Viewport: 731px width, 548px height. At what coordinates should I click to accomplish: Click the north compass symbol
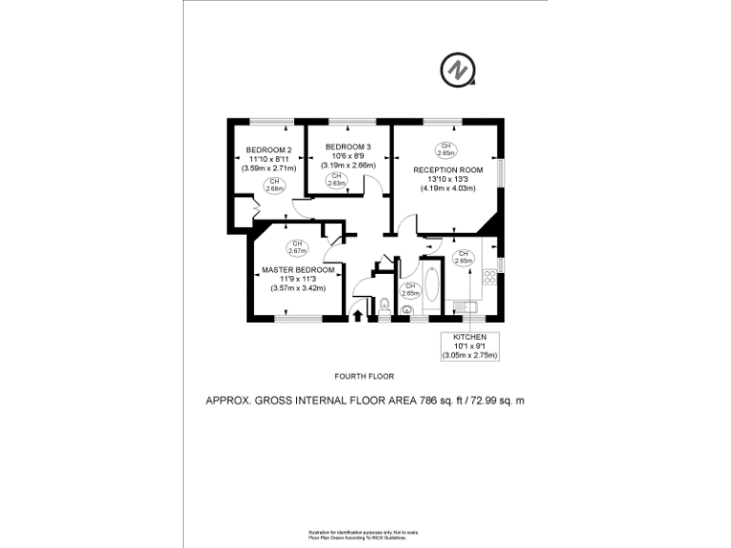coord(456,69)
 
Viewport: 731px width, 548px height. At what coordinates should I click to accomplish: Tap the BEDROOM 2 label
coord(269,149)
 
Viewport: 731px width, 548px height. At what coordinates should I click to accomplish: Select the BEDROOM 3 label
coord(348,147)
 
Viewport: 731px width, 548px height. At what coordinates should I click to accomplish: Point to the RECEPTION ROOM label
coord(447,170)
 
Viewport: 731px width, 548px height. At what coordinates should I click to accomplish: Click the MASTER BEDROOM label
coord(298,270)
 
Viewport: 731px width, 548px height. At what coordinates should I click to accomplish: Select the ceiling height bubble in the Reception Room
coord(445,148)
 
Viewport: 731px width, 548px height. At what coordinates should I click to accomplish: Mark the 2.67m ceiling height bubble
coord(297,247)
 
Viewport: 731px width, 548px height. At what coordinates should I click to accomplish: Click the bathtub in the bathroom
coord(432,287)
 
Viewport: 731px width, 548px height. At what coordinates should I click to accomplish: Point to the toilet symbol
coord(384,305)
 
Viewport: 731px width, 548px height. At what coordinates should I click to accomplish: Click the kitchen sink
coord(466,306)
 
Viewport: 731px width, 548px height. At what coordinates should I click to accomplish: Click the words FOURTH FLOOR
coord(365,376)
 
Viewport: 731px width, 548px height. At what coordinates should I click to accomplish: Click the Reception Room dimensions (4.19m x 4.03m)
coord(447,187)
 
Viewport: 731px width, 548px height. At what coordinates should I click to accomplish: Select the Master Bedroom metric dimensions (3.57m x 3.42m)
coord(298,287)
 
